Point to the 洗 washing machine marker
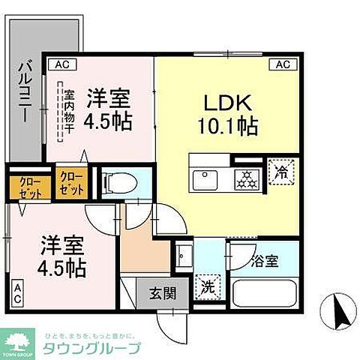point(208,286)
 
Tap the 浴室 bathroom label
point(265,262)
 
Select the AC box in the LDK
point(282,65)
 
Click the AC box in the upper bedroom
point(61,65)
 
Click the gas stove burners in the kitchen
point(244,179)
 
